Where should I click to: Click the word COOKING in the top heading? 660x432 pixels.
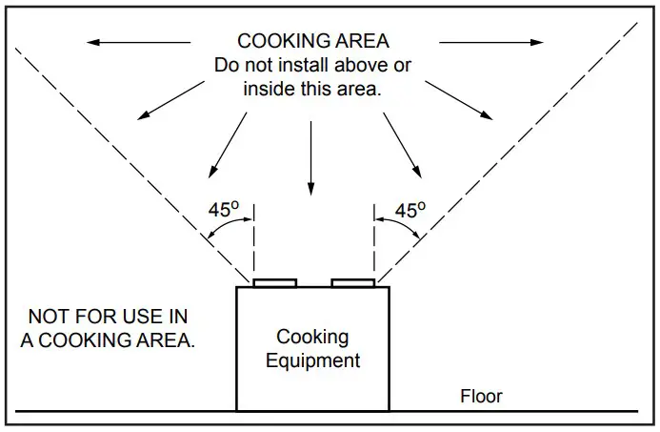(x=276, y=41)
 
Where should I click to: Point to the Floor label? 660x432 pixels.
(x=481, y=396)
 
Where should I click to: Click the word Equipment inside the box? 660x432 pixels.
(x=312, y=361)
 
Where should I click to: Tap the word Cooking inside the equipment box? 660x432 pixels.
(x=312, y=337)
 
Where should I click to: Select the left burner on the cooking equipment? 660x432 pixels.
(x=274, y=282)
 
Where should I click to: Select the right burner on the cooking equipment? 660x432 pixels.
(x=352, y=282)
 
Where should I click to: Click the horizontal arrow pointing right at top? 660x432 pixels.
(x=490, y=42)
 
